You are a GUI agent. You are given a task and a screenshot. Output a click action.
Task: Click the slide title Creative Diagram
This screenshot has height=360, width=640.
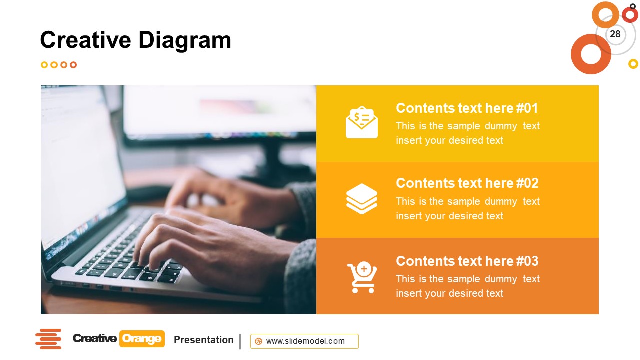(x=135, y=40)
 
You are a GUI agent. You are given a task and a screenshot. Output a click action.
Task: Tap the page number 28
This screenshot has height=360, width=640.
(x=615, y=34)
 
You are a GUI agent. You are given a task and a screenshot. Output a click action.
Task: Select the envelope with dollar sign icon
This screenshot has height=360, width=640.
(x=362, y=122)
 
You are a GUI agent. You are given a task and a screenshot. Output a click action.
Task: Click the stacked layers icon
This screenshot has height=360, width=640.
(x=362, y=198)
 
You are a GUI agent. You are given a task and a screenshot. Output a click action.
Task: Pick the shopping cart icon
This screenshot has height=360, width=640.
(x=362, y=277)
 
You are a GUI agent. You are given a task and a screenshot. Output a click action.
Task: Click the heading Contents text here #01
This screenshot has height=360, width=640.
(x=467, y=108)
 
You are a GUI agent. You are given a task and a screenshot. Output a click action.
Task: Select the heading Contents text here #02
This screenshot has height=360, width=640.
(x=467, y=183)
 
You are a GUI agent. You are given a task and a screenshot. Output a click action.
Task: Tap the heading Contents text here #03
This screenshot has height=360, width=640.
(x=467, y=261)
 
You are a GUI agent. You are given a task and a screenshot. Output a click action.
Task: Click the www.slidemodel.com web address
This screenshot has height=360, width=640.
(x=305, y=341)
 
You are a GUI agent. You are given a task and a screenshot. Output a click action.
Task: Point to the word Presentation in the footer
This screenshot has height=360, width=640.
(x=203, y=340)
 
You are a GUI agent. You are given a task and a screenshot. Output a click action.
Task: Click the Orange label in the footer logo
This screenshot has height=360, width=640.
(x=142, y=339)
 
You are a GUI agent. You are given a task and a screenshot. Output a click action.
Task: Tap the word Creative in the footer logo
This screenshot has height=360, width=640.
(x=95, y=339)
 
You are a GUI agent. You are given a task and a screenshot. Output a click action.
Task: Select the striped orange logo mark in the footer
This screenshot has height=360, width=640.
(x=48, y=339)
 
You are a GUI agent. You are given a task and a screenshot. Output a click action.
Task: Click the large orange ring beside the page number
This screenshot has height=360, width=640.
(x=591, y=54)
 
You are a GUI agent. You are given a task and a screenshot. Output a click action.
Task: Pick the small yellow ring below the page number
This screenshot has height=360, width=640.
(x=633, y=64)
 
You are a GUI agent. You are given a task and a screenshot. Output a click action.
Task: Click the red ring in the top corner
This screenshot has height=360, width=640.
(x=630, y=15)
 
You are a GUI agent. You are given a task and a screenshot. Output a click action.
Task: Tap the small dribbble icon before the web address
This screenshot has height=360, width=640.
(x=258, y=341)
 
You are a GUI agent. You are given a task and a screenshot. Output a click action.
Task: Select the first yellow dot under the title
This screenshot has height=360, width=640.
(x=44, y=65)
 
